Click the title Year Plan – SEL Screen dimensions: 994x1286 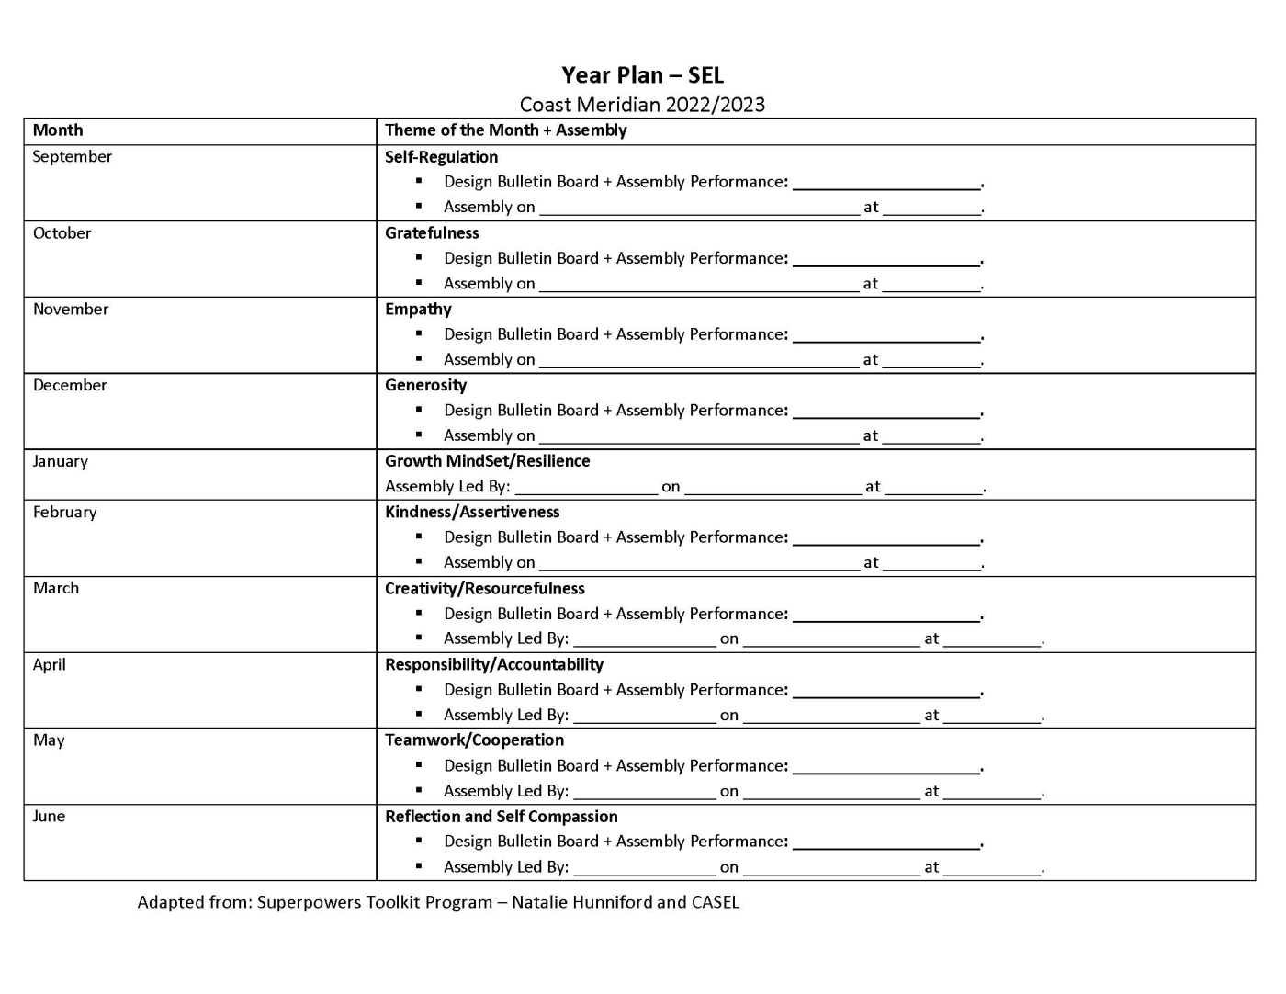tap(642, 75)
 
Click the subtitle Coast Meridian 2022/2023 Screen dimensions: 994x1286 tap(642, 105)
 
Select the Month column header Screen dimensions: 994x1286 tap(58, 130)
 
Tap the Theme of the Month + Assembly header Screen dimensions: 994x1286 tap(505, 130)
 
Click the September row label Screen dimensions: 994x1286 tap(72, 156)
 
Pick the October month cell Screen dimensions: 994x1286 tap(62, 233)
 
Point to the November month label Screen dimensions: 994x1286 tap(70, 310)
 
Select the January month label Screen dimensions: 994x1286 tap(60, 461)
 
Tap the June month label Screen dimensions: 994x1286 tap(49, 816)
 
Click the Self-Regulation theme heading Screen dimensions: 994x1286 tap(441, 157)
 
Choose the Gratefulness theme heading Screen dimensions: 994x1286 tap(432, 233)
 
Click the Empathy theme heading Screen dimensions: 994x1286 tap(418, 310)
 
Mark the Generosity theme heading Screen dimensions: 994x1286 tap(425, 385)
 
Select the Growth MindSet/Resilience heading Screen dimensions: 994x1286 tap(487, 461)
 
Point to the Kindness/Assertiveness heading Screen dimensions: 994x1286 tap(472, 512)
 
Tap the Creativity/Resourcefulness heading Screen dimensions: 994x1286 tap(484, 588)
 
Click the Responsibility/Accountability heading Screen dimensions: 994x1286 tap(494, 664)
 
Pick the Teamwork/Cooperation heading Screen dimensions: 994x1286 tap(474, 740)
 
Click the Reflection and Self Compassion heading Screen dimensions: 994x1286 tap(501, 816)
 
